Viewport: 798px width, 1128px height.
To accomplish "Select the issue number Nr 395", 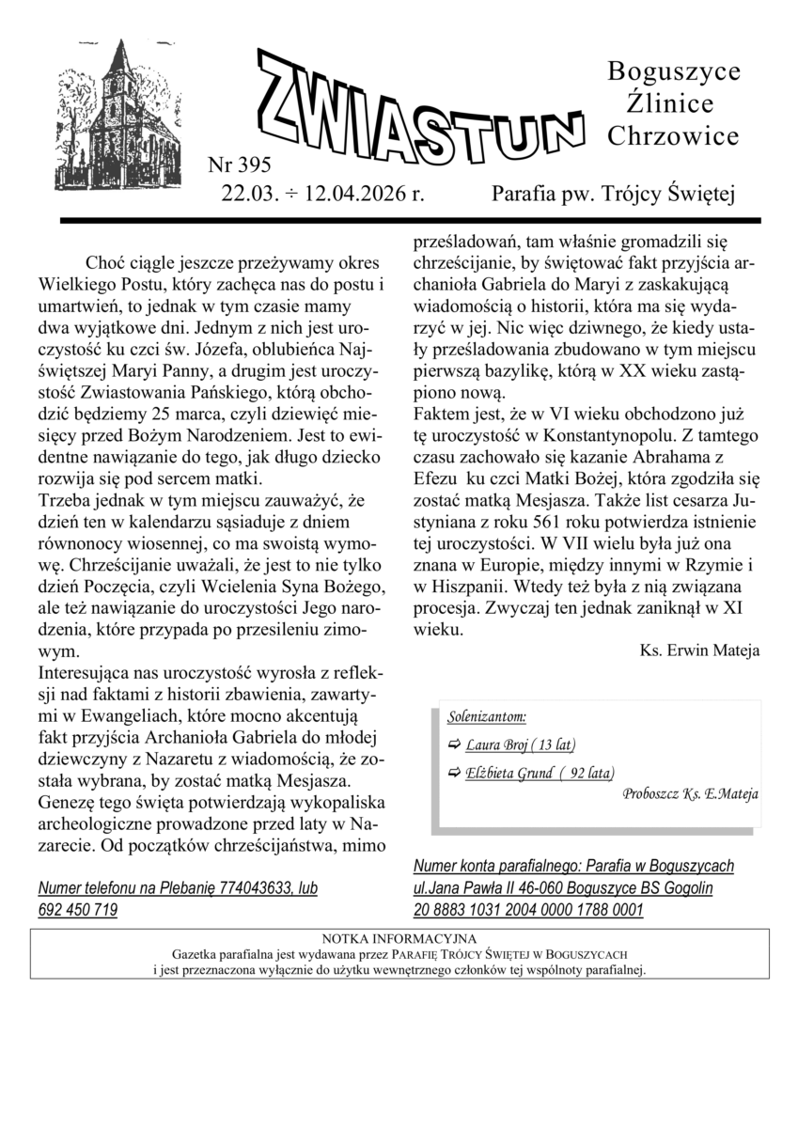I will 239,166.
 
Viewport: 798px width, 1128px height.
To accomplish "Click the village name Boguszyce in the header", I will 674,71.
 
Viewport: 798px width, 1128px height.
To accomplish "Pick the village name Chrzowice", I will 673,136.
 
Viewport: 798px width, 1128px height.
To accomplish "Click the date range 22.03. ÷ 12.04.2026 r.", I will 322,195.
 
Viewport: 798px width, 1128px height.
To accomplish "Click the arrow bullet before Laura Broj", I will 455,745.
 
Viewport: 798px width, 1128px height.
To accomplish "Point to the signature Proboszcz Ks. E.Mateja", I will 690,793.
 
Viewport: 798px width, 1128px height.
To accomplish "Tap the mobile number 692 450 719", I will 78,910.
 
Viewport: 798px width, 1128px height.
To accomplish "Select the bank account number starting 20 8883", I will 528,910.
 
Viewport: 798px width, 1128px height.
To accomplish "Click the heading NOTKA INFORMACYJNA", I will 399,938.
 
